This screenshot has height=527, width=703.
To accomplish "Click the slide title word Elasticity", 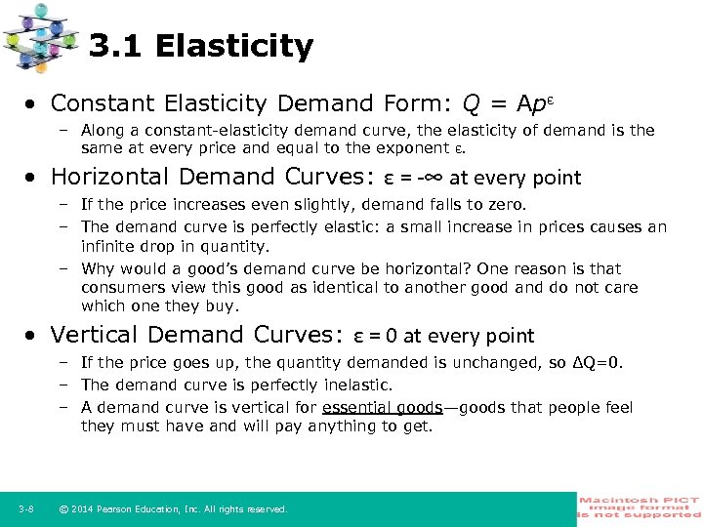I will [x=234, y=46].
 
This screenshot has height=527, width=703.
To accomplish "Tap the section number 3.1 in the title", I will [x=115, y=46].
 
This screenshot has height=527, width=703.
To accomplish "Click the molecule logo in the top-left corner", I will [x=40, y=37].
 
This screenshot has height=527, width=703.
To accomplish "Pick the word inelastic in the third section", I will [x=358, y=385].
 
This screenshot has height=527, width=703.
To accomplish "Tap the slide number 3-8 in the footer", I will [x=26, y=508].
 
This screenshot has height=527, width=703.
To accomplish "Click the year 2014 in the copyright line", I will [x=85, y=509].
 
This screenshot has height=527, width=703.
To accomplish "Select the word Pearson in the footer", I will [x=121, y=509].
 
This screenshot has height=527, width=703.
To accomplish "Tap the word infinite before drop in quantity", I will [x=107, y=246].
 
